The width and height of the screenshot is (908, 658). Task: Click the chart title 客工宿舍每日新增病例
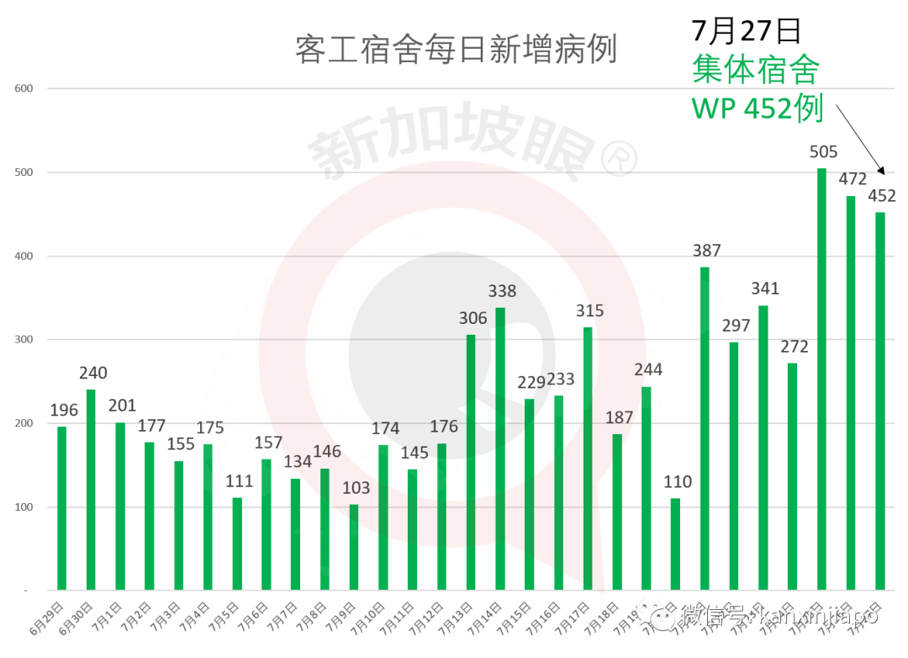pos(456,50)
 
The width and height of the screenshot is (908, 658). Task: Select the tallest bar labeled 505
pos(821,379)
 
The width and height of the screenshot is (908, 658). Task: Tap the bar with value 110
pos(675,544)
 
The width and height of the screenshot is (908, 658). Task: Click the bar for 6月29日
pos(61,508)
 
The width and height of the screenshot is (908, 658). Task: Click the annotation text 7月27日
pos(745,31)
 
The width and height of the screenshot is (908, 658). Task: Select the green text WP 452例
pos(757,109)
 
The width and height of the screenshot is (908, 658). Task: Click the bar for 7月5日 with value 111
pos(237,544)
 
